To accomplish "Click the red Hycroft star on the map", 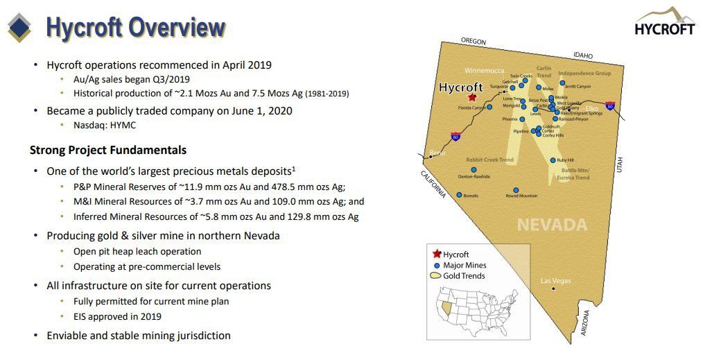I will pyautogui.click(x=472, y=98).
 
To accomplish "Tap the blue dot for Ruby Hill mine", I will pyautogui.click(x=553, y=160).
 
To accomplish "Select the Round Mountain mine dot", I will pyautogui.click(x=515, y=190).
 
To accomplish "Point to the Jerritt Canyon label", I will pyautogui.click(x=577, y=87).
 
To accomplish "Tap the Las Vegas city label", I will pyautogui.click(x=555, y=281).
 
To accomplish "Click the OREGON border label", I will pyautogui.click(x=474, y=42).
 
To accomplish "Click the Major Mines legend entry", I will pyautogui.click(x=465, y=265).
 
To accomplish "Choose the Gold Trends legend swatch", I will pyautogui.click(x=436, y=275).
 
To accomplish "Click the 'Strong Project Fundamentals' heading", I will pyautogui.click(x=107, y=150).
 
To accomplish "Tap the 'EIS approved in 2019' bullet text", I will pyautogui.click(x=117, y=316).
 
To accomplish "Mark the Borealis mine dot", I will pyautogui.click(x=459, y=195).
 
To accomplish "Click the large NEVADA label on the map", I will pyautogui.click(x=552, y=225).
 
